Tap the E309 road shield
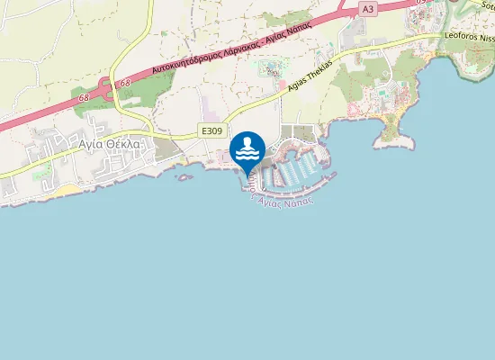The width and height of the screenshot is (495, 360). pos(212,131)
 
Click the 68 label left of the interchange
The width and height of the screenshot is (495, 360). pos(83,95)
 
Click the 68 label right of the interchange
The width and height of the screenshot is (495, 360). pos(123,83)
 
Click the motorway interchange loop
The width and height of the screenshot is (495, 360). pos(104,89)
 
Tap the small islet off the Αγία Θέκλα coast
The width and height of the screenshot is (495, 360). pos(185,177)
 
